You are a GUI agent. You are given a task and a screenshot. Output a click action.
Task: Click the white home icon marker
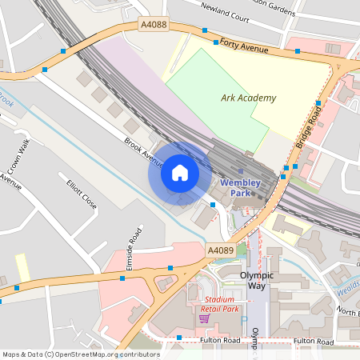pyautogui.click(x=180, y=173)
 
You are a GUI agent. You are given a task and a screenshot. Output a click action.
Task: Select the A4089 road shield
pyautogui.click(x=220, y=250)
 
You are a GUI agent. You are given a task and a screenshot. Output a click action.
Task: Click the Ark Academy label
pyautogui.click(x=248, y=98)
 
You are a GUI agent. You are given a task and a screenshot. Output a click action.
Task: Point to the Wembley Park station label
pyautogui.click(x=241, y=187)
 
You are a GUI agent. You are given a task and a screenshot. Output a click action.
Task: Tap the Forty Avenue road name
pyautogui.click(x=245, y=47)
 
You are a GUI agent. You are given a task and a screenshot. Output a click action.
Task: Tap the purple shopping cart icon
pyautogui.click(x=205, y=318)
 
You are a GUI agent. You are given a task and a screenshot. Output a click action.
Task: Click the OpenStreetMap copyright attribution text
pyautogui.click(x=80, y=354)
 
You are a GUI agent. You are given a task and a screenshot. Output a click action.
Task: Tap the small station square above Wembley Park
pyautogui.click(x=240, y=170)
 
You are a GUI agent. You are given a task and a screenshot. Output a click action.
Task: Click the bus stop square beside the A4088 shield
pyautogui.click(x=205, y=30)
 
